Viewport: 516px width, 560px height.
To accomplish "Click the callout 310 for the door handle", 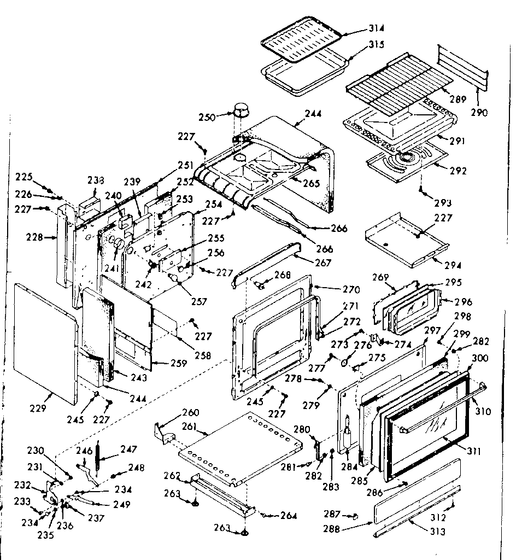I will (484, 411).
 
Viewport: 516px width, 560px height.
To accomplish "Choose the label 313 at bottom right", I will (437, 532).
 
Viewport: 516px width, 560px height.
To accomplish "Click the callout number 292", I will (458, 171).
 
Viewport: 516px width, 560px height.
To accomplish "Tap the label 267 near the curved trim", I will (322, 262).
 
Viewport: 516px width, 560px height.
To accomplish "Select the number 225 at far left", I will (24, 177).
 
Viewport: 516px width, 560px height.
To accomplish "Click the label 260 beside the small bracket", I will (190, 412).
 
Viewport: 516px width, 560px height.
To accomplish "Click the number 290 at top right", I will (479, 113).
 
